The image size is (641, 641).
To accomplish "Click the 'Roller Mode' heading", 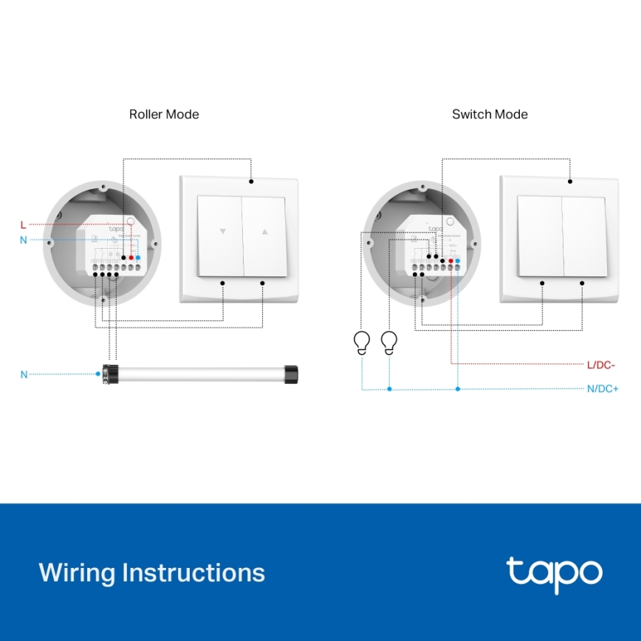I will [164, 114].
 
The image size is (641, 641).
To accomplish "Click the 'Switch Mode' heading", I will [490, 114].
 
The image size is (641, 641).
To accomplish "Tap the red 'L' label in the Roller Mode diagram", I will [23, 224].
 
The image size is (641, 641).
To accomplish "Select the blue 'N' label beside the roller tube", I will [24, 374].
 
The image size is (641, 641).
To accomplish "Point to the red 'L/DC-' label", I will [601, 365].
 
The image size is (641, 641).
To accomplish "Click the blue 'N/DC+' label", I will [603, 388].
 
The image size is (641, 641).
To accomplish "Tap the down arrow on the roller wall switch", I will [222, 231].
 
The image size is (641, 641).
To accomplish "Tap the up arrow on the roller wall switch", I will [264, 231].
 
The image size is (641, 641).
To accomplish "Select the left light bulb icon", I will [362, 342].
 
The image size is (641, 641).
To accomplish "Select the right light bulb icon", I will [389, 342].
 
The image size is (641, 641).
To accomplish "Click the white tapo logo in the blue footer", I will [554, 574].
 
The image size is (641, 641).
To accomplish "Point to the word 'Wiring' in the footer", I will [77, 573].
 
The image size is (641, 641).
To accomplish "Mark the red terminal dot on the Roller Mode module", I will [131, 257].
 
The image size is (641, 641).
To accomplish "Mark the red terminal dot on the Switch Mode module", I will [450, 261].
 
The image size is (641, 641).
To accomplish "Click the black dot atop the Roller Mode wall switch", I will [251, 181].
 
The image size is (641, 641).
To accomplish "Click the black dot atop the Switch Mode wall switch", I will [570, 181].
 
